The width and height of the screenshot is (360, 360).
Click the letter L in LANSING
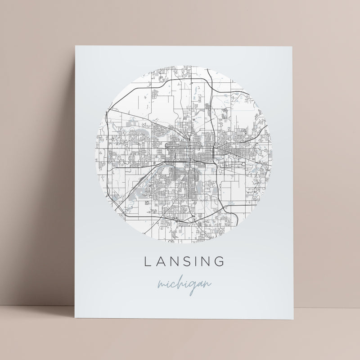[146, 261]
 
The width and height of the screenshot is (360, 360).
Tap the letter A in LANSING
[160, 261]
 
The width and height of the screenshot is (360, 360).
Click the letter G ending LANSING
[222, 261]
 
